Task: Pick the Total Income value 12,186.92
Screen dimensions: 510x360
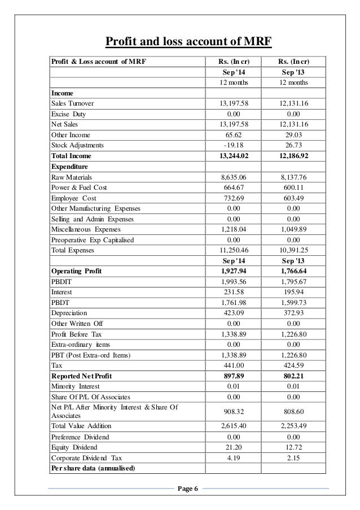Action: pyautogui.click(x=296, y=156)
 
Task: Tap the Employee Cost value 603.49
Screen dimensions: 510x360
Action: pyautogui.click(x=296, y=198)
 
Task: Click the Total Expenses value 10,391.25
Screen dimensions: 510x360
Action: pyautogui.click(x=296, y=250)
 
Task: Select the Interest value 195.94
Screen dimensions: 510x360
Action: pyautogui.click(x=296, y=293)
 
